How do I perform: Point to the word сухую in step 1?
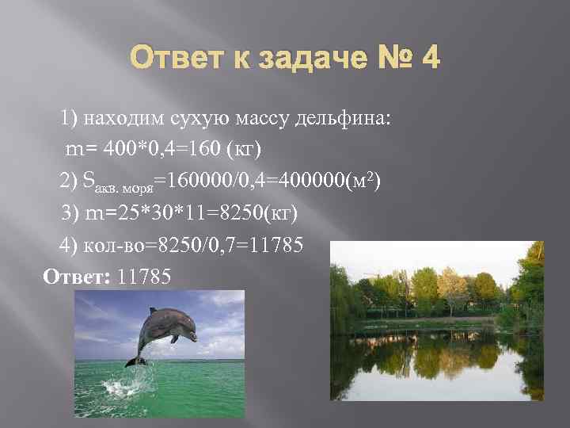196,119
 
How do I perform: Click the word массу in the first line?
265,119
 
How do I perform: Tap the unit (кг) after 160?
243,150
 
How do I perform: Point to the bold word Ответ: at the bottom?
77,276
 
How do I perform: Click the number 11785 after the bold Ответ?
142,276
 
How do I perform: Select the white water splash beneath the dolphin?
142,380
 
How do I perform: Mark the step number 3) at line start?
72,213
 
